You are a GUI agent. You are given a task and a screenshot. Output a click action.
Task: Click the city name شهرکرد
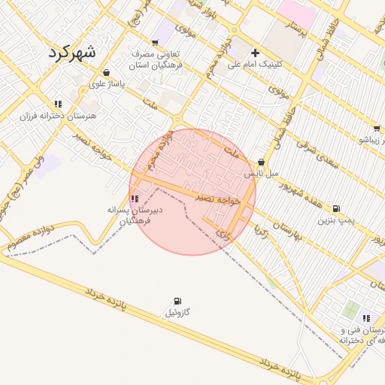tap(72, 53)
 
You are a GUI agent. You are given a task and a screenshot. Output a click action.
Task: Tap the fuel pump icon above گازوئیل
tap(177, 301)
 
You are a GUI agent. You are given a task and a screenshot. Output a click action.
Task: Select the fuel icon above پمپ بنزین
tap(335, 209)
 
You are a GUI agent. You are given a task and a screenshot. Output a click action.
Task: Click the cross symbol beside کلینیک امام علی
tap(256, 53)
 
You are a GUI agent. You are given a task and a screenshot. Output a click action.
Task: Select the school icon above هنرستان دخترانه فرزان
tap(57, 105)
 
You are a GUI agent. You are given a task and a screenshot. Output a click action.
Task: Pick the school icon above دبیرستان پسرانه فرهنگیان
tap(134, 199)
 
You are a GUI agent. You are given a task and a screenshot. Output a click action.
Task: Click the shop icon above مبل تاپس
tap(261, 162)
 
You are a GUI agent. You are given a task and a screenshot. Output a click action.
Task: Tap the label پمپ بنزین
tap(335, 220)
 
